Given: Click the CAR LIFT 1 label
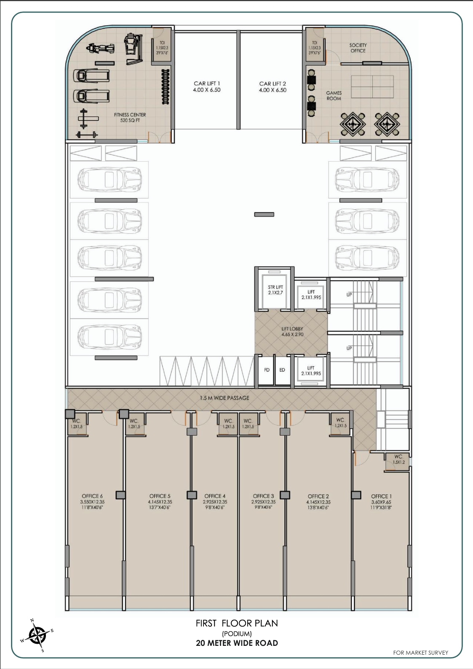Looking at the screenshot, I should point(206,87).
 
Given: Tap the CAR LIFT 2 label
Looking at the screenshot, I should point(273,87).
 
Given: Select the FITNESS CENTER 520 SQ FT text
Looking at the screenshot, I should point(130,117).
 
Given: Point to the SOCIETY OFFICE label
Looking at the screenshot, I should point(358,48).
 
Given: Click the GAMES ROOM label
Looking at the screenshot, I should point(334,96).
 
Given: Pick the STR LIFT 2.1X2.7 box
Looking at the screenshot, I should point(275,290).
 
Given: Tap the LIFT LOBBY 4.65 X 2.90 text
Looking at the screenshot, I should point(292,331).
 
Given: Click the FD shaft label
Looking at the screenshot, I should point(267,370).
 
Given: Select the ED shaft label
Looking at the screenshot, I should point(282,370).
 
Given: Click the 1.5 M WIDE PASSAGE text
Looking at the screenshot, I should point(225,397).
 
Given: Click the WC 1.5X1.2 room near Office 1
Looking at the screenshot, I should point(398,459).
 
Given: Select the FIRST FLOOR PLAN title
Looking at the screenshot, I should point(237,623).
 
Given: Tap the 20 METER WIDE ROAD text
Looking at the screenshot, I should point(237,643).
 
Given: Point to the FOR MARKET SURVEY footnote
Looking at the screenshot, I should point(420,653).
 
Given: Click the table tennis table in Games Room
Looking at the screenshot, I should point(372,87).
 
